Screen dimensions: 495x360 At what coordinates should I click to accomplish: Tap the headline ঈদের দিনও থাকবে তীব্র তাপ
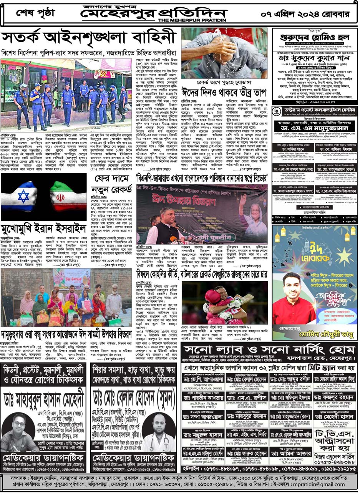(224, 93)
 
